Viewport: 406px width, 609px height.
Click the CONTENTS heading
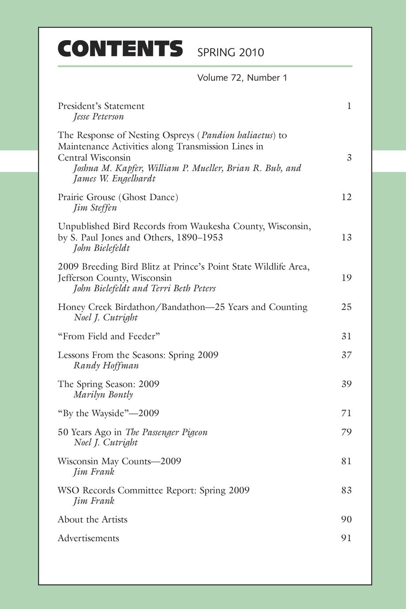tap(120, 49)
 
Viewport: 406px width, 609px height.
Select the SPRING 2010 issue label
tap(230, 53)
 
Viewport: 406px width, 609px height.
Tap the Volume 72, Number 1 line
tap(242, 78)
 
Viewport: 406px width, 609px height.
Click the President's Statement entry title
tap(101, 106)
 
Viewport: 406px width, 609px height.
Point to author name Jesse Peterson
tap(98, 117)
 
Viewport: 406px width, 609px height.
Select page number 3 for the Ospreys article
tap(349, 158)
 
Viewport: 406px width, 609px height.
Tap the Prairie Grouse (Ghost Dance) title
tap(118, 197)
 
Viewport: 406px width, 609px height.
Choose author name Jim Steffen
tap(95, 208)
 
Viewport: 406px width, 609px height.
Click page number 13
tap(346, 237)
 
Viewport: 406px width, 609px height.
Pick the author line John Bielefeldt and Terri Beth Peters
tap(144, 289)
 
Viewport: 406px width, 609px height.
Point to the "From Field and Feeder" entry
tap(109, 336)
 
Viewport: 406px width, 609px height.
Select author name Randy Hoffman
tap(106, 365)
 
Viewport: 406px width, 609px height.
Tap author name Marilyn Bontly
tap(103, 395)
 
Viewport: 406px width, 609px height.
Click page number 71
tap(346, 413)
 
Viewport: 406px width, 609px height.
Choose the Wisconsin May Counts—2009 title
tap(119, 461)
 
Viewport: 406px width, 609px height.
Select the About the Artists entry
tap(93, 519)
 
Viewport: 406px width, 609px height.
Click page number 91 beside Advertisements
tap(346, 538)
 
